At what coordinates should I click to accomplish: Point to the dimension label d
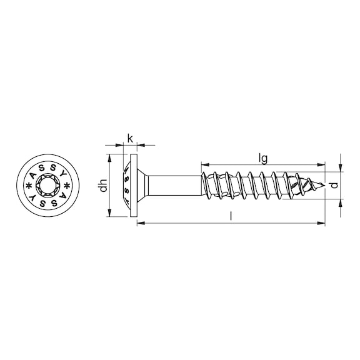[x=334, y=185]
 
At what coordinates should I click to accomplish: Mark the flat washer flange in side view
[x=132, y=185]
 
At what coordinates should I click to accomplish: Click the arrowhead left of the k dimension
[x=122, y=145]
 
